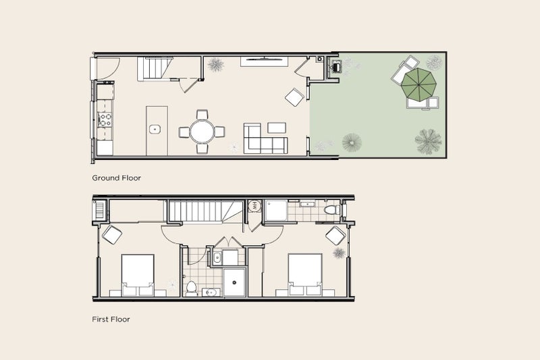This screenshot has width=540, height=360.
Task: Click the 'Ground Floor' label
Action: (116, 178)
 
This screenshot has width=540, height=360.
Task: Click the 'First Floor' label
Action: (111, 319)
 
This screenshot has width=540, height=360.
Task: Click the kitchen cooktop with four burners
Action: (106, 120)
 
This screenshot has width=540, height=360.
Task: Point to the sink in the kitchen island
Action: (155, 128)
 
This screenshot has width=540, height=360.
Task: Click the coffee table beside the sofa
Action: (277, 127)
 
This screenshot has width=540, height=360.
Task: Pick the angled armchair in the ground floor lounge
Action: (294, 97)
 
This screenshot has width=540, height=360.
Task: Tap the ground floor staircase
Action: (153, 68)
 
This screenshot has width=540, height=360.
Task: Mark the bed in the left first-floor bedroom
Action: (138, 274)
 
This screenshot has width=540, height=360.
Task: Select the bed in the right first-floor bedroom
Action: (306, 274)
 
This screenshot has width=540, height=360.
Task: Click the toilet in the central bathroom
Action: (191, 287)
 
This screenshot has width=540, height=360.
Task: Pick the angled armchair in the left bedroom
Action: (111, 235)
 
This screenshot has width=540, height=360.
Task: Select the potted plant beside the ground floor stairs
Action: (216, 64)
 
